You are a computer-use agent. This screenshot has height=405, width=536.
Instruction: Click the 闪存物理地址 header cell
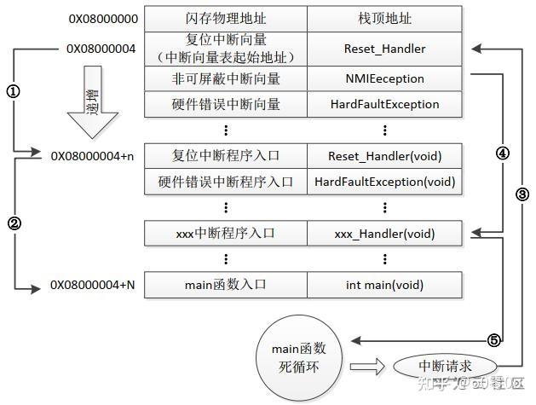(225, 18)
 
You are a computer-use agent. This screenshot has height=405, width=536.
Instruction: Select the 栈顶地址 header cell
(384, 18)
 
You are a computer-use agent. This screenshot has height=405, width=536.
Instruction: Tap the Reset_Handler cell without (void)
(384, 49)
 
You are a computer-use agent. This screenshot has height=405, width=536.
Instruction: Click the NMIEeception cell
(384, 78)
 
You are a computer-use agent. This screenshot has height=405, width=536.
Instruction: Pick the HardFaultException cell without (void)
(384, 104)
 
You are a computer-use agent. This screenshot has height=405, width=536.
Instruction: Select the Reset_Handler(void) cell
(384, 156)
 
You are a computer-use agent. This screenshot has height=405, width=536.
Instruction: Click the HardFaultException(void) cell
(384, 182)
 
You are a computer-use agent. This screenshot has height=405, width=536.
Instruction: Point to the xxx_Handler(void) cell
(384, 233)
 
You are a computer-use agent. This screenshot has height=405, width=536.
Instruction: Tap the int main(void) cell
(384, 285)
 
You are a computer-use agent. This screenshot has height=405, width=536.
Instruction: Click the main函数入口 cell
(225, 285)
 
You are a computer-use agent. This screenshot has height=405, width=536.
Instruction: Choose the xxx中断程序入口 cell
(225, 233)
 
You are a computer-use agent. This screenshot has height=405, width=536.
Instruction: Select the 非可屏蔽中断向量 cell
(225, 78)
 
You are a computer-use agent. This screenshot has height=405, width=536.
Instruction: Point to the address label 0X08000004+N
(92, 285)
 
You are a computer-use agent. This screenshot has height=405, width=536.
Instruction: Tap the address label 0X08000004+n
(92, 156)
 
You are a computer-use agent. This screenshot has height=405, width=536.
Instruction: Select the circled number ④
(503, 154)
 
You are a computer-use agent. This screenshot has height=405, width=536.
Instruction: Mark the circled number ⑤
(493, 339)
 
